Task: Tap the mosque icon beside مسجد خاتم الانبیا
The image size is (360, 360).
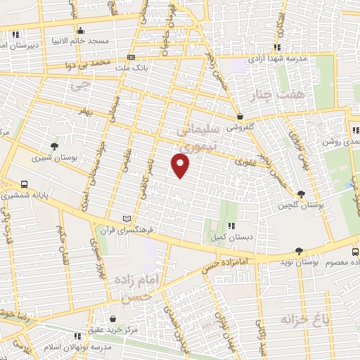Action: (x=81, y=30)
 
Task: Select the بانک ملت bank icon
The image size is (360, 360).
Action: (x=131, y=57)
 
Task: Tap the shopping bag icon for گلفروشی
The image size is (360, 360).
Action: (x=240, y=117)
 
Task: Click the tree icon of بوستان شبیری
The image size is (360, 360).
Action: (x=55, y=146)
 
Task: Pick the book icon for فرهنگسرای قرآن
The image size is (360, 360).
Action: (x=127, y=219)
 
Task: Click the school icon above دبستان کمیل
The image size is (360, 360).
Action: (x=231, y=226)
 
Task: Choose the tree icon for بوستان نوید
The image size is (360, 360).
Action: (x=300, y=251)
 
